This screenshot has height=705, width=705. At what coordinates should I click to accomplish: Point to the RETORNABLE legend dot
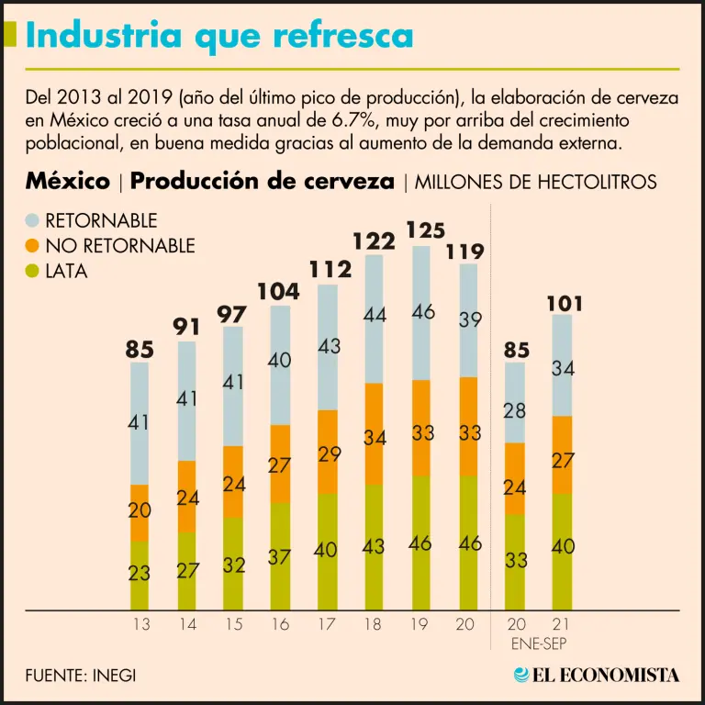[x=33, y=221]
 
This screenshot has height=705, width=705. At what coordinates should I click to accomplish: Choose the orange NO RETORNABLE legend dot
[x=33, y=246]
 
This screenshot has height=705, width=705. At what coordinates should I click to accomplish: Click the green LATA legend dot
[x=33, y=271]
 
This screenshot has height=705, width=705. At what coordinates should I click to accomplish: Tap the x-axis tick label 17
[x=327, y=624]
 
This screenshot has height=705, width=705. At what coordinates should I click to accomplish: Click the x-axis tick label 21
[x=562, y=624]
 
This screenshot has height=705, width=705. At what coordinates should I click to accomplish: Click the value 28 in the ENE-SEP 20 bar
[x=516, y=409]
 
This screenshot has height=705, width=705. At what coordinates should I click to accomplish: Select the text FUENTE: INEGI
[x=81, y=675]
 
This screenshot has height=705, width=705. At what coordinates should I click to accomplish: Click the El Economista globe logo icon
[x=522, y=675]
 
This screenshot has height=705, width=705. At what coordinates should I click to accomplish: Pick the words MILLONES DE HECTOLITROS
[x=536, y=182]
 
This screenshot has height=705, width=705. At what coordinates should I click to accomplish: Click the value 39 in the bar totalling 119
[x=468, y=319]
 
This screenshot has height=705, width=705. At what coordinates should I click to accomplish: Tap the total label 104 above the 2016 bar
[x=279, y=292]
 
